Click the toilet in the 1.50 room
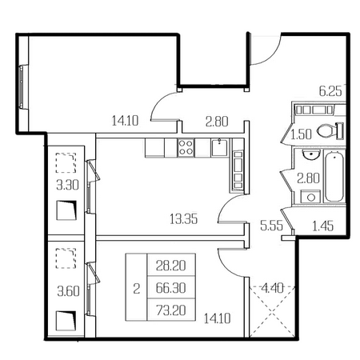click(330, 131)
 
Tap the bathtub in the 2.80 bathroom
click(334, 176)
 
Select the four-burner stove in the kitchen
click(186, 147)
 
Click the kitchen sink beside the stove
click(219, 147)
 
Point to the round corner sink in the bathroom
click(311, 154)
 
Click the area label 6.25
click(330, 91)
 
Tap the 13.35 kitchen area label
click(184, 219)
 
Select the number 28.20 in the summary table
click(171, 266)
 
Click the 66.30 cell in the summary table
click(171, 288)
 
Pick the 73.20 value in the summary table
click(171, 310)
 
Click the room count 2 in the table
click(137, 288)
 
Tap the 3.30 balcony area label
click(67, 185)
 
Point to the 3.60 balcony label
click(68, 291)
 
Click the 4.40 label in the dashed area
click(272, 288)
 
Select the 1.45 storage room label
click(322, 226)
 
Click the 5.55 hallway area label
click(271, 226)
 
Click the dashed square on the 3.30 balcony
click(66, 162)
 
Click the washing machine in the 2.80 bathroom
click(310, 197)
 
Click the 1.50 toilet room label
click(301, 134)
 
